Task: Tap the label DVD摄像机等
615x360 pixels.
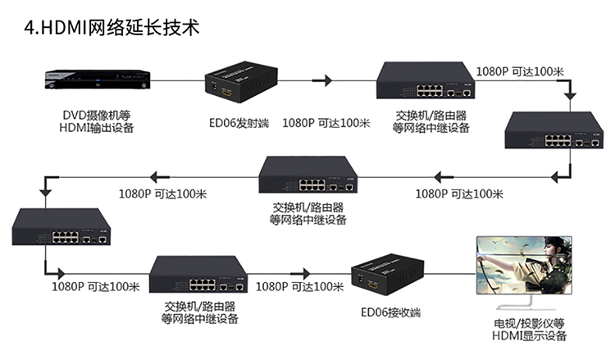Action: coord(97,116)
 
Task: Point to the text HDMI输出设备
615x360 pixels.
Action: coord(97,128)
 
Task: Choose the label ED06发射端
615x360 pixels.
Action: coord(239,123)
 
